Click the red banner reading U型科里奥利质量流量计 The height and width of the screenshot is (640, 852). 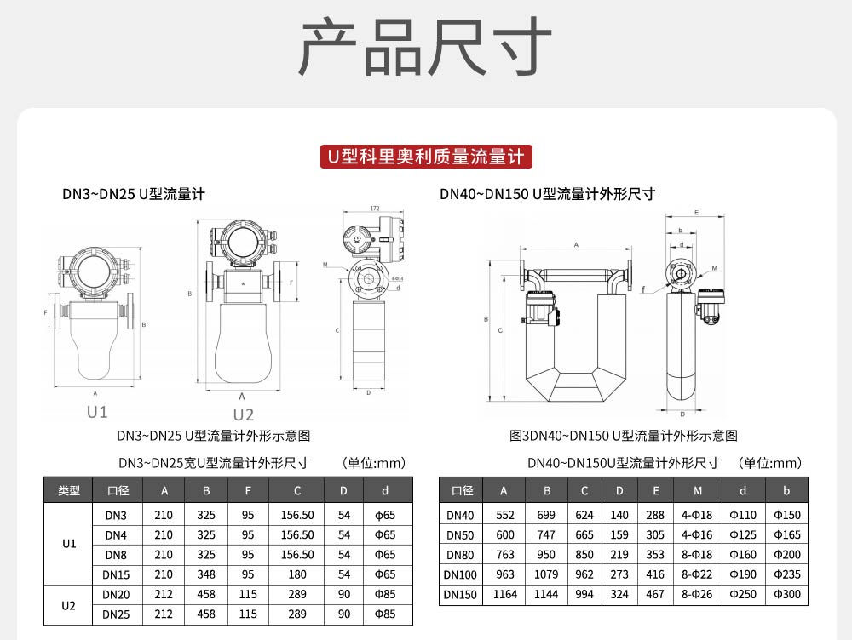(x=426, y=157)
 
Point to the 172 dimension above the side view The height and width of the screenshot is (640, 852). (x=375, y=209)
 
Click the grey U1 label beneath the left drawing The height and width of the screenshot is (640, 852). (x=97, y=412)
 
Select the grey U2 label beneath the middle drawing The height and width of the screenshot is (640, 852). (x=244, y=414)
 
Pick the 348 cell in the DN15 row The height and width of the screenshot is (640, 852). (x=206, y=574)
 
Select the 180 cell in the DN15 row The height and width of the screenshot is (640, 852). (x=296, y=574)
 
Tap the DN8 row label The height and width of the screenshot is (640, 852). (x=116, y=555)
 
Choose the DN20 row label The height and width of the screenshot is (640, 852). (x=116, y=594)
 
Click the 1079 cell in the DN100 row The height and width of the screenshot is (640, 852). (x=546, y=574)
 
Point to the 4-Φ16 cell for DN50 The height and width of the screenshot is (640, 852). (x=698, y=535)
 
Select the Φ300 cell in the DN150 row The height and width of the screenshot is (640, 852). (x=787, y=594)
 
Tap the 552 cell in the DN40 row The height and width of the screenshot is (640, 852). (x=504, y=516)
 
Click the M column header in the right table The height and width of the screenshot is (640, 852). (x=698, y=490)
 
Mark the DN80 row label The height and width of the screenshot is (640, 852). (x=461, y=555)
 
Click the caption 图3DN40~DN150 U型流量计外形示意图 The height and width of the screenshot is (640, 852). (x=623, y=436)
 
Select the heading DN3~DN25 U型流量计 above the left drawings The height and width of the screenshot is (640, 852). (x=134, y=194)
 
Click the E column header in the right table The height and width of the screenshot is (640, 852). (x=655, y=490)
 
